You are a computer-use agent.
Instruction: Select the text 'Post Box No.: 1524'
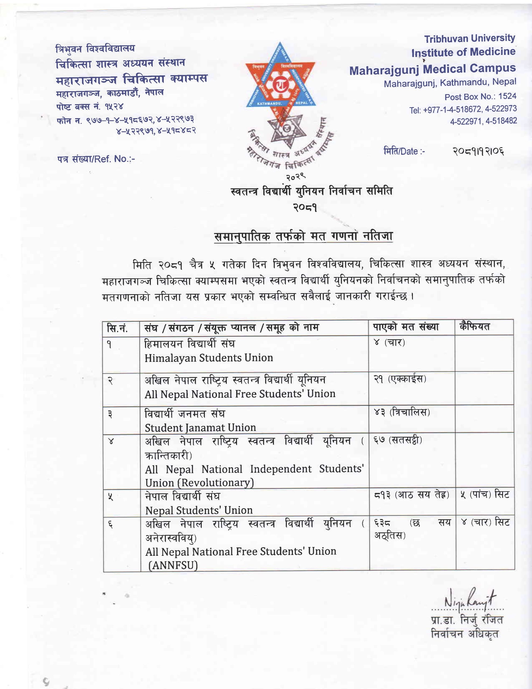(480, 97)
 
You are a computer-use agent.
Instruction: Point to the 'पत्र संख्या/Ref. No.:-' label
(96, 159)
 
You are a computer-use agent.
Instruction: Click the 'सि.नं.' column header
(117, 328)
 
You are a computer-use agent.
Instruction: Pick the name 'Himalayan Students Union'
(209, 358)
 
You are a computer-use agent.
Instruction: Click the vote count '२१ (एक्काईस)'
(400, 379)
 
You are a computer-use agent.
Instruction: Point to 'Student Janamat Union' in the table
(200, 428)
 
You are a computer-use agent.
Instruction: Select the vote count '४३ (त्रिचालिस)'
(402, 412)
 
